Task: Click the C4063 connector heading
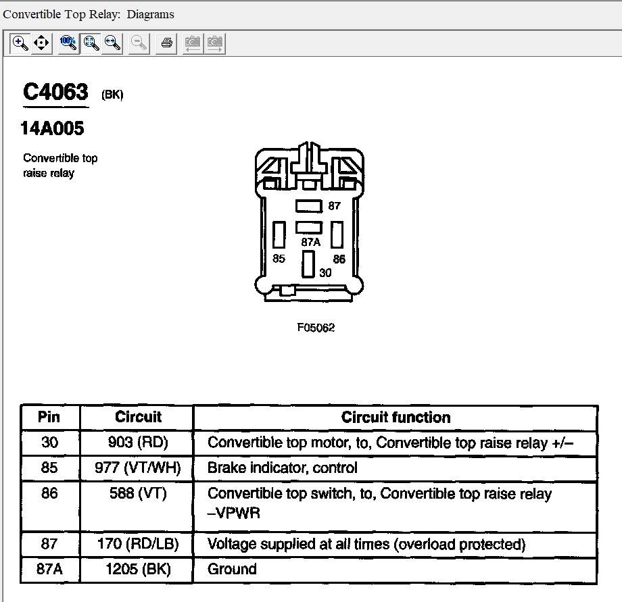coord(55,92)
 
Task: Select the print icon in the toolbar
coord(166,43)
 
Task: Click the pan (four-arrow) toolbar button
coord(41,43)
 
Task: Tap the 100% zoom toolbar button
coord(68,43)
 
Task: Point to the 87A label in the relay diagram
coord(311,242)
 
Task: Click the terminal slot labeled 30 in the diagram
coord(308,264)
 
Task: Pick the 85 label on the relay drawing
coord(279,259)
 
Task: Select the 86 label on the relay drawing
coord(339,259)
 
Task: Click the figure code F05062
coord(316,328)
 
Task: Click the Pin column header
coord(49,417)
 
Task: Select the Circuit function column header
coord(396,417)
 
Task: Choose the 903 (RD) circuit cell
coord(137,443)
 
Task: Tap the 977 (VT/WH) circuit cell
coord(137,468)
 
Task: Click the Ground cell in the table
coord(232,569)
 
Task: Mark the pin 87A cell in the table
coord(49,569)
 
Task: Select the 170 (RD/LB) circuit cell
coord(137,544)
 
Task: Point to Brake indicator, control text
coord(282,468)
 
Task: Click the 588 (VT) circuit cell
coord(137,494)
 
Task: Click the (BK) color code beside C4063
coord(112,95)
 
